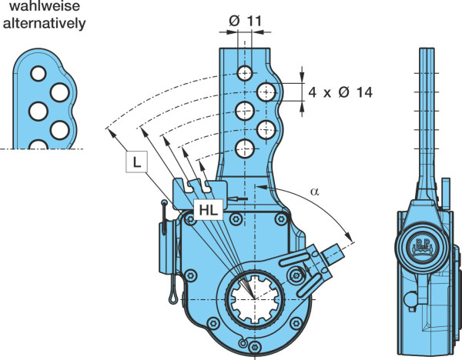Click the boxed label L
(x=136, y=162)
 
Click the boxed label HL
(x=208, y=209)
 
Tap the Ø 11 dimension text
(x=245, y=22)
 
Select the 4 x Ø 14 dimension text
(x=340, y=92)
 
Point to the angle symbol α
(x=314, y=192)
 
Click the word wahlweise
(x=45, y=6)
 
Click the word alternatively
(x=44, y=23)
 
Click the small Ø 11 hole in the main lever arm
(x=245, y=73)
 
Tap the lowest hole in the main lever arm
(x=245, y=148)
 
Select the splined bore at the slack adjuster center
(x=255, y=299)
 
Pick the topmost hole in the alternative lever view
(x=38, y=74)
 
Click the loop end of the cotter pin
(x=172, y=295)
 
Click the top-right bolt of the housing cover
(x=280, y=218)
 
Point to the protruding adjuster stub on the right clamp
(x=333, y=254)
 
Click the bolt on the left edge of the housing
(x=190, y=275)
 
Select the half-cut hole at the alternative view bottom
(x=38, y=145)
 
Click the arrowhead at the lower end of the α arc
(x=348, y=236)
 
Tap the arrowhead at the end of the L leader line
(x=111, y=133)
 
